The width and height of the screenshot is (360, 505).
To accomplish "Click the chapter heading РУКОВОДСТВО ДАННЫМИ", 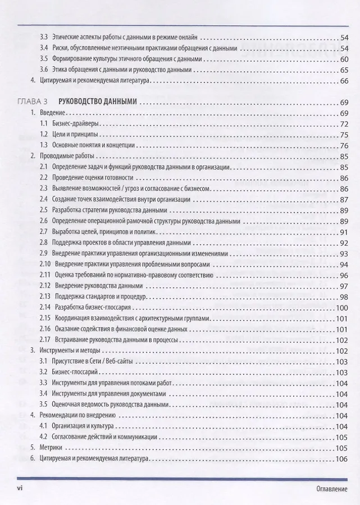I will (x=98, y=102).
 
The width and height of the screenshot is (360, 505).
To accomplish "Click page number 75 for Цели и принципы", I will (x=344, y=135).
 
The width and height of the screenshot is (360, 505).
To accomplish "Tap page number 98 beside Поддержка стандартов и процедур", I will (x=344, y=296).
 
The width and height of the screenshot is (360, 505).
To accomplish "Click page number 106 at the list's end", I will (x=341, y=458).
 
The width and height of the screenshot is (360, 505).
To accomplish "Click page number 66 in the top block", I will (x=344, y=81).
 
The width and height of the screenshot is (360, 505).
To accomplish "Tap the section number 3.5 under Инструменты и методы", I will (x=44, y=405).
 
